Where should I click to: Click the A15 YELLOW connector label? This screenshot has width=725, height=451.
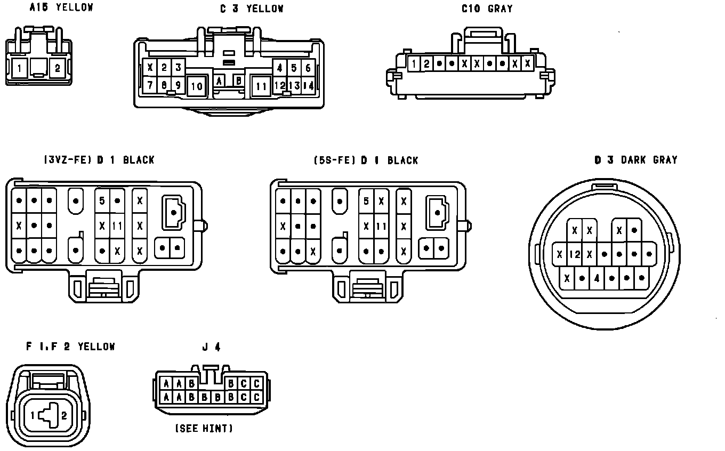pos(61,7)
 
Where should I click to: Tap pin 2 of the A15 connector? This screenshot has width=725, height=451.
pos(58,68)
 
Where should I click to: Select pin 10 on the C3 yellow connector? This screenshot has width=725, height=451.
pos(197,86)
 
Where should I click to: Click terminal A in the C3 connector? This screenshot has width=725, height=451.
pos(220,81)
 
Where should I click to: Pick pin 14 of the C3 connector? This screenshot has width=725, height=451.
pos(308,85)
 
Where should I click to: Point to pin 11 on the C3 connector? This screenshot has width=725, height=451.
pos(261,86)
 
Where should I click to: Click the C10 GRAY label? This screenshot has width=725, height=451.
pos(487,9)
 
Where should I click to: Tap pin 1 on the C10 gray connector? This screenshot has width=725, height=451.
pos(414,64)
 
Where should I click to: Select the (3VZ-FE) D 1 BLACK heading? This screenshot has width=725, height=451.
pos(99,160)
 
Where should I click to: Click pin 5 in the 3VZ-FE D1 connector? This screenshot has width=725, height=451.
pos(102,201)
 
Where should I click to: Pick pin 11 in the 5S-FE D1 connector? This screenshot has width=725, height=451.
pos(381,226)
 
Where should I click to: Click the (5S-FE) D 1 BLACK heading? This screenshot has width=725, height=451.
pos(366,160)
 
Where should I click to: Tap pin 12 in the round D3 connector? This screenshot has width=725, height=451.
pos(574,255)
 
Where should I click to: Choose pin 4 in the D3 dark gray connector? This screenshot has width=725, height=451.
pos(597,278)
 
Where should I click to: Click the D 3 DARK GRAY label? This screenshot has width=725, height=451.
pos(635,160)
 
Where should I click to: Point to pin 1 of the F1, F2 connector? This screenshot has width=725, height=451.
pos(33,416)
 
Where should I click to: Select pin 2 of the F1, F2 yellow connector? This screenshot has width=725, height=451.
pos(64,416)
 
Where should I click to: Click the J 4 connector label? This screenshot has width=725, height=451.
pos(211,347)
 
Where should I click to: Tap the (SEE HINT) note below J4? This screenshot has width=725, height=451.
pos(204,428)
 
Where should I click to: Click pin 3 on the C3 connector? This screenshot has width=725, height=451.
pos(178,68)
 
